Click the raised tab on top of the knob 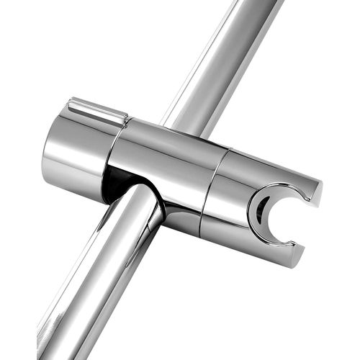(96, 110)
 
